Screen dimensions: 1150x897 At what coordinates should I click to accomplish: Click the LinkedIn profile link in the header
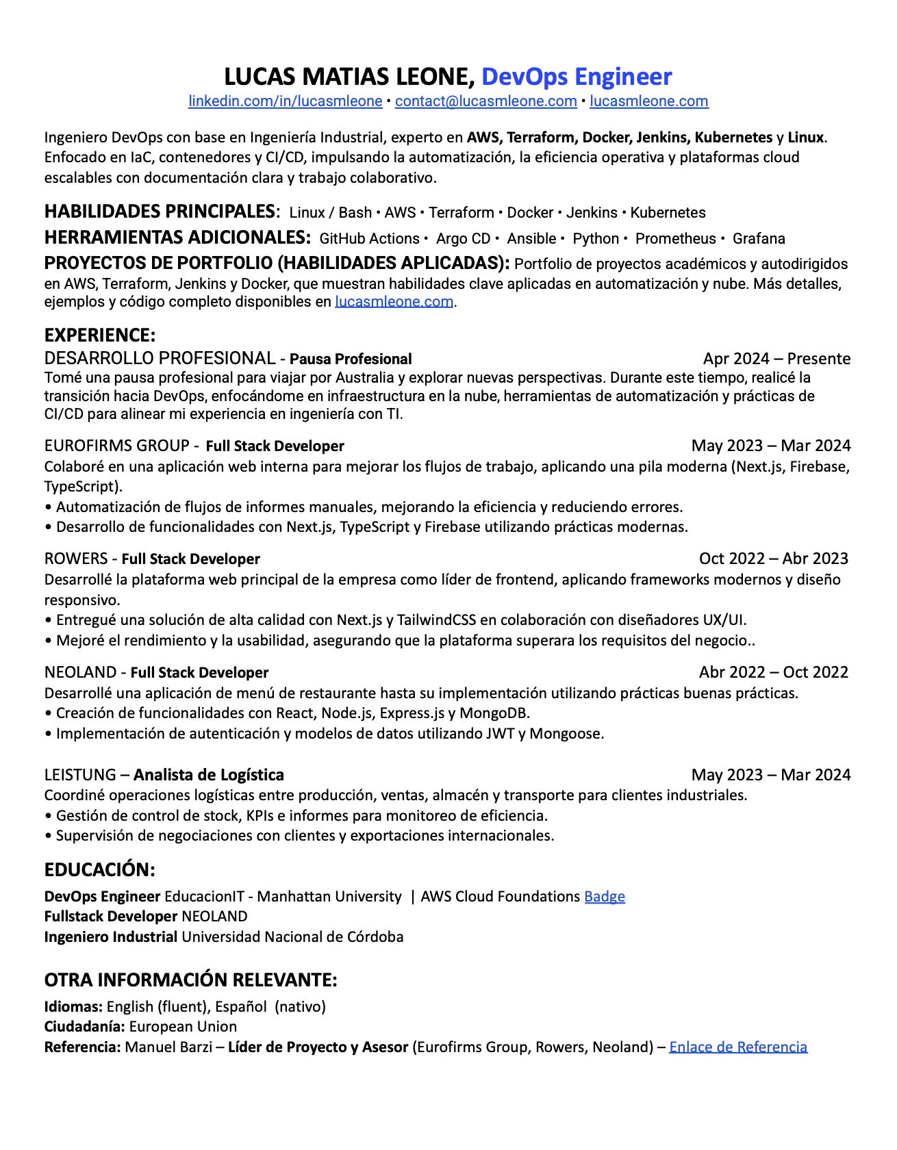pos(285,101)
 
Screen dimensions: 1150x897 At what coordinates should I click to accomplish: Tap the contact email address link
pos(485,101)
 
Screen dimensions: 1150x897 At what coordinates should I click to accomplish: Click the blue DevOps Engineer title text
pos(577,77)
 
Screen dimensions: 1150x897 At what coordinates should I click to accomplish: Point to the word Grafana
pos(759,239)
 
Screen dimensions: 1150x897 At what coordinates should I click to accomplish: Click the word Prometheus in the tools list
pos(675,239)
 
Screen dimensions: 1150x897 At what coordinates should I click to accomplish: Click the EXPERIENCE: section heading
pos(100,335)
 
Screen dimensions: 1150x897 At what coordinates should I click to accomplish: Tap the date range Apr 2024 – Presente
pos(776,359)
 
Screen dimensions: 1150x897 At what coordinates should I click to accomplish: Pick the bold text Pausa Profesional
pos(351,359)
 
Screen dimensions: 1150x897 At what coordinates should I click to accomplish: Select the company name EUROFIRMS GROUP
pos(117,446)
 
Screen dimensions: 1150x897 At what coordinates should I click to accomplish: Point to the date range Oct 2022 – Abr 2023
pos(774,559)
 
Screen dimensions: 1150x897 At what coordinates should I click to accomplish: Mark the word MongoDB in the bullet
pos(494,713)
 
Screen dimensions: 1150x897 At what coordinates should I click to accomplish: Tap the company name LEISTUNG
pos(80,775)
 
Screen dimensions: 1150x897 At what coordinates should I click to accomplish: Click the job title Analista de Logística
pos(209,775)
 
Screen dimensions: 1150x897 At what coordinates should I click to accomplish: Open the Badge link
pos(604,897)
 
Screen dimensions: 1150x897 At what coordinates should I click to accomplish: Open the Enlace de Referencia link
pos(738,1047)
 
